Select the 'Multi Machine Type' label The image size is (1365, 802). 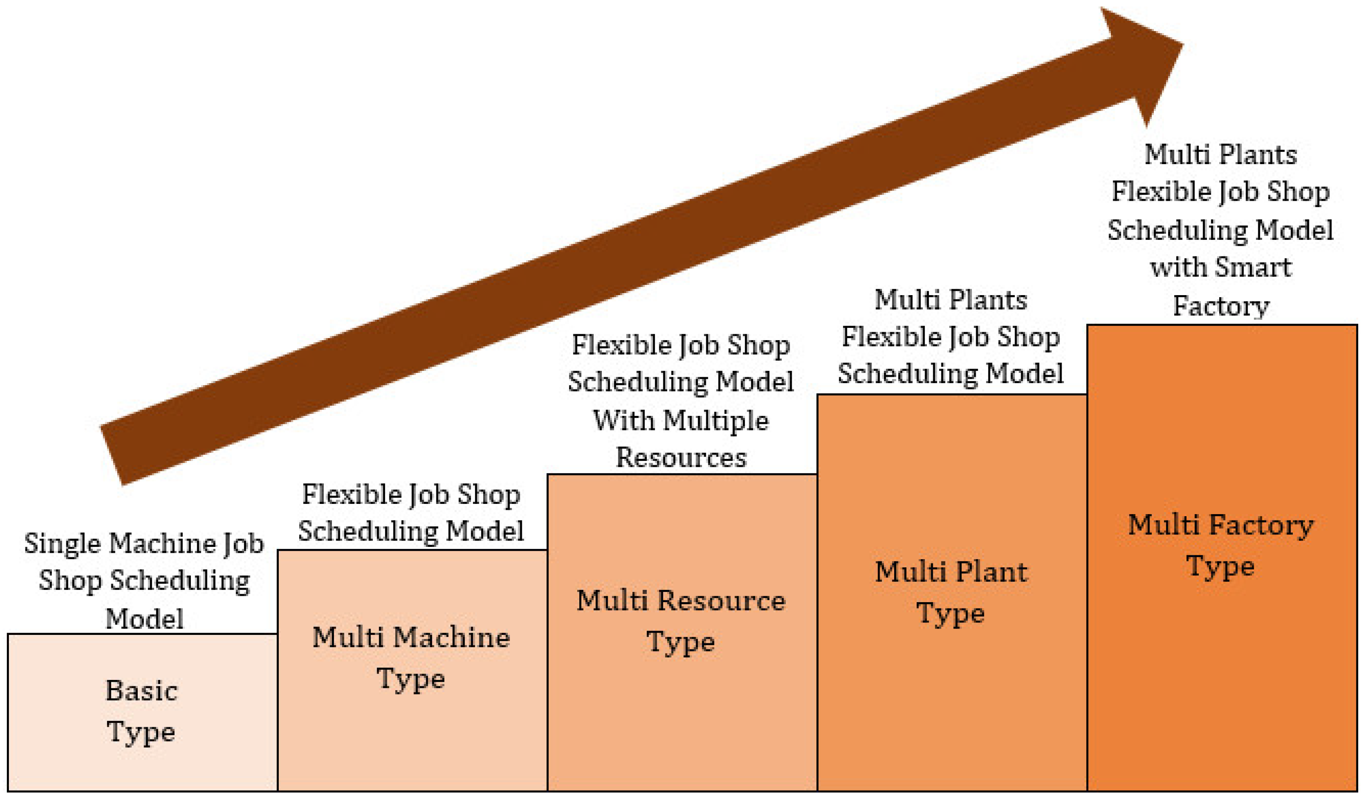[411, 657]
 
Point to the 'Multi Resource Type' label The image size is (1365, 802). [681, 621]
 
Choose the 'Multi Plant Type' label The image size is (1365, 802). [951, 592]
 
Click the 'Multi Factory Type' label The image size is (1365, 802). [1221, 545]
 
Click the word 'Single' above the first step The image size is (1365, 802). [63, 543]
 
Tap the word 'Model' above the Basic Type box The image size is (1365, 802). [144, 618]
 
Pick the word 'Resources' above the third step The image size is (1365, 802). [681, 458]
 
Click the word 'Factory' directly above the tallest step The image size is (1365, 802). [1221, 306]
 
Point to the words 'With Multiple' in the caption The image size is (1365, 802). [681, 421]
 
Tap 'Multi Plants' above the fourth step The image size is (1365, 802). [951, 300]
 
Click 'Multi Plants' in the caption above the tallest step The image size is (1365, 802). [1221, 154]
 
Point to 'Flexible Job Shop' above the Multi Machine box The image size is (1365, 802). [411, 494]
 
